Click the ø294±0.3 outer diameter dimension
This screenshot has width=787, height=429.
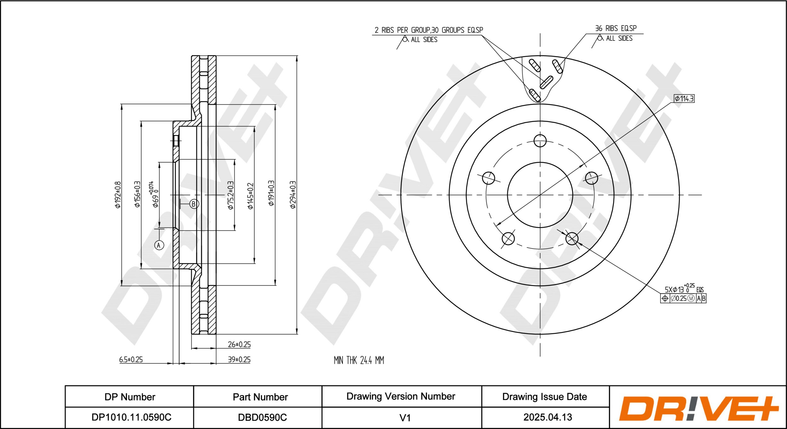[x=293, y=195]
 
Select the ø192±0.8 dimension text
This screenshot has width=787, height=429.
[x=118, y=195]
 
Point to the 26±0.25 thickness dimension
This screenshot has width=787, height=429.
[x=239, y=344]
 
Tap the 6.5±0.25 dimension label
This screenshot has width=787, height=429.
[x=131, y=359]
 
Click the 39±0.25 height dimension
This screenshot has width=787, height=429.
[x=239, y=359]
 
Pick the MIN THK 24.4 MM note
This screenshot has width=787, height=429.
[x=359, y=360]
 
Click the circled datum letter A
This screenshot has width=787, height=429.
[x=159, y=245]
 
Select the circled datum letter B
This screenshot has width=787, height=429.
[x=194, y=204]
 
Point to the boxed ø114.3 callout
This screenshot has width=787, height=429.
[x=684, y=99]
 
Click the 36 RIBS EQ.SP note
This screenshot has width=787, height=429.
[x=616, y=28]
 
